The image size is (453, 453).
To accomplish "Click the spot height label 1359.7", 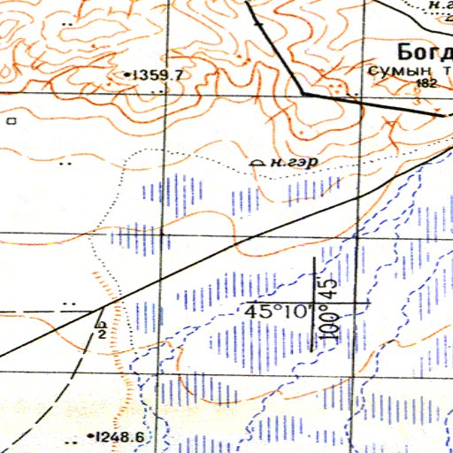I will [157, 75].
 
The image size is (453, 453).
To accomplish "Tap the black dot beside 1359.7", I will [127, 75].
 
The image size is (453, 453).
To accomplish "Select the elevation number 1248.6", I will [121, 436].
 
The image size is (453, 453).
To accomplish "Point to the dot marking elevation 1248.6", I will [91, 436].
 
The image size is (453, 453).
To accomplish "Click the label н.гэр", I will [295, 162].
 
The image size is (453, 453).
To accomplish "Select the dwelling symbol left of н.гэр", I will [258, 163].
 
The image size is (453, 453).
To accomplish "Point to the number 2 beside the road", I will [101, 334].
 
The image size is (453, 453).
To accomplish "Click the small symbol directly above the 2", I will [101, 324].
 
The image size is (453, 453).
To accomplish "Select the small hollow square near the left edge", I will [11, 118].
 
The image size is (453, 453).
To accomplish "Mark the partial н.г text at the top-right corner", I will [439, 5].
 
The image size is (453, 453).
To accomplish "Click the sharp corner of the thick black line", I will [304, 93].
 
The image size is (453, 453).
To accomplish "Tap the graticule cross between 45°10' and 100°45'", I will [317, 303].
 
